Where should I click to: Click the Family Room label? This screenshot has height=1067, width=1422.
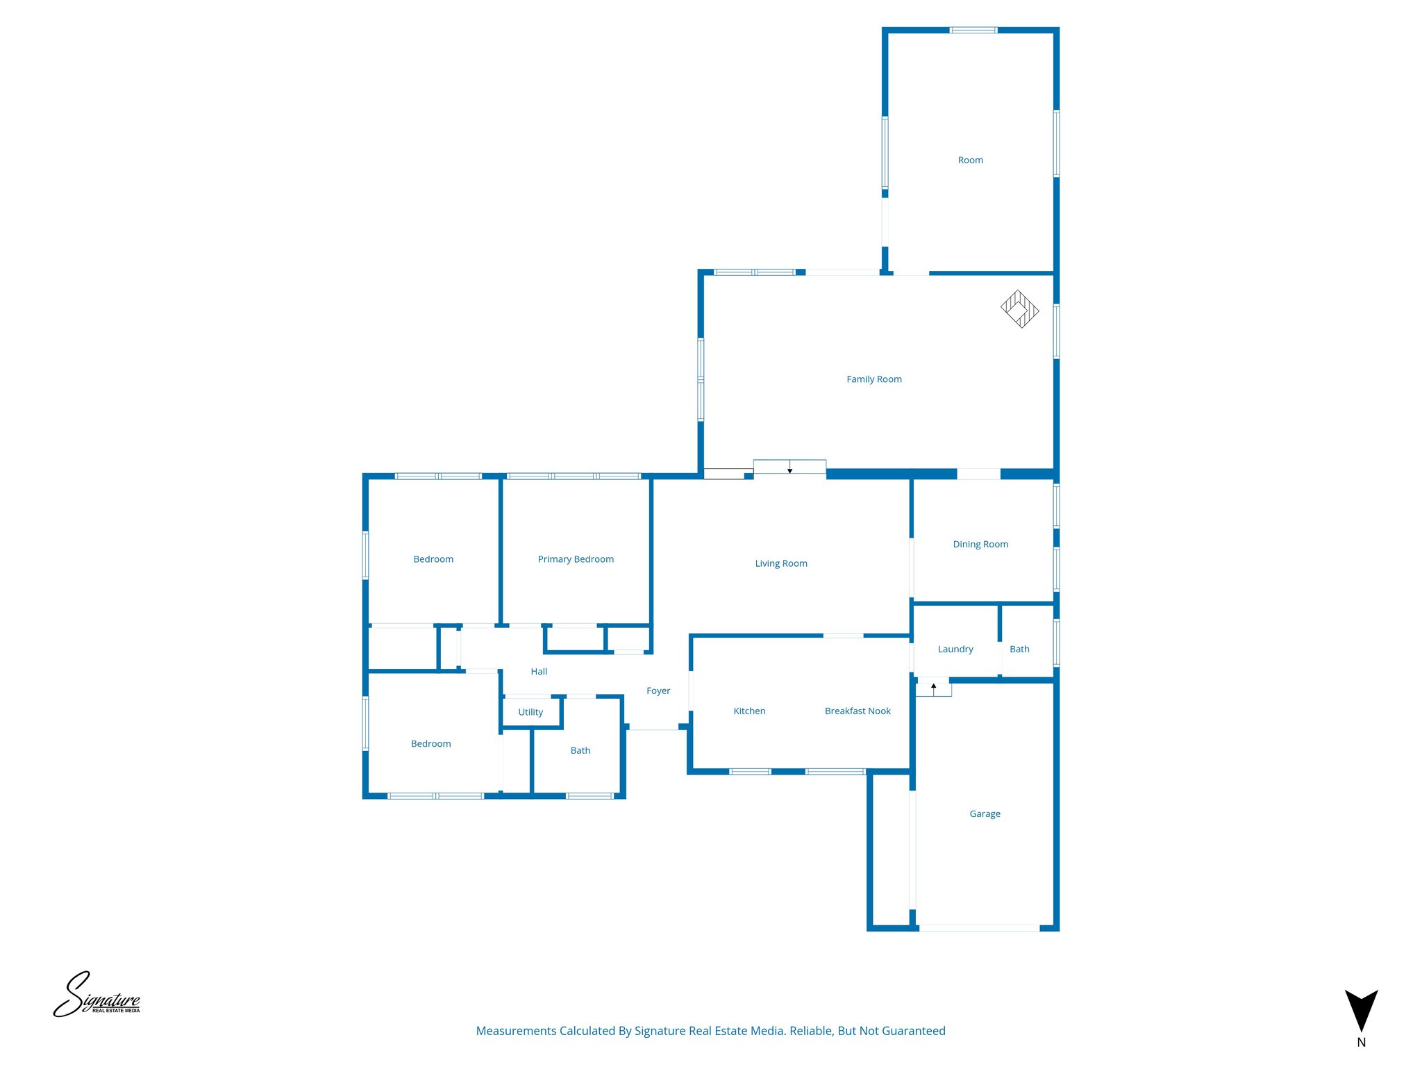click(873, 379)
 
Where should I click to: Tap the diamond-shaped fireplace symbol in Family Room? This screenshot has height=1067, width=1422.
click(1019, 309)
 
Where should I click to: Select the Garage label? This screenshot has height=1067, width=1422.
click(985, 813)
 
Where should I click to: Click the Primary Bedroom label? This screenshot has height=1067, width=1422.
click(576, 559)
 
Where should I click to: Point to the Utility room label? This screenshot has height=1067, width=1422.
click(530, 712)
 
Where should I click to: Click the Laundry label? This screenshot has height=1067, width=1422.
click(955, 649)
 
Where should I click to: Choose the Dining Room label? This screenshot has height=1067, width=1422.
click(980, 544)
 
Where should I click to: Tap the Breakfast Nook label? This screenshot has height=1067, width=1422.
click(858, 711)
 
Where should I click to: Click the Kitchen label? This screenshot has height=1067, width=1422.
click(749, 711)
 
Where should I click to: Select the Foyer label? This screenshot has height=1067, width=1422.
click(658, 690)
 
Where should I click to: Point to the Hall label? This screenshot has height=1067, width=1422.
click(539, 671)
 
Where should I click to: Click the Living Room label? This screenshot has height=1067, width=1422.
click(781, 563)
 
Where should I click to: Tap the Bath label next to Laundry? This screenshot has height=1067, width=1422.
click(1019, 649)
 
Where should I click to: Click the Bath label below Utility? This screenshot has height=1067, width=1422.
click(580, 750)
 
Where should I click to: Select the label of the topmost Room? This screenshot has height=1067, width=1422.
click(970, 160)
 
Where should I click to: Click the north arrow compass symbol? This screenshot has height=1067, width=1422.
click(1361, 1011)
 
